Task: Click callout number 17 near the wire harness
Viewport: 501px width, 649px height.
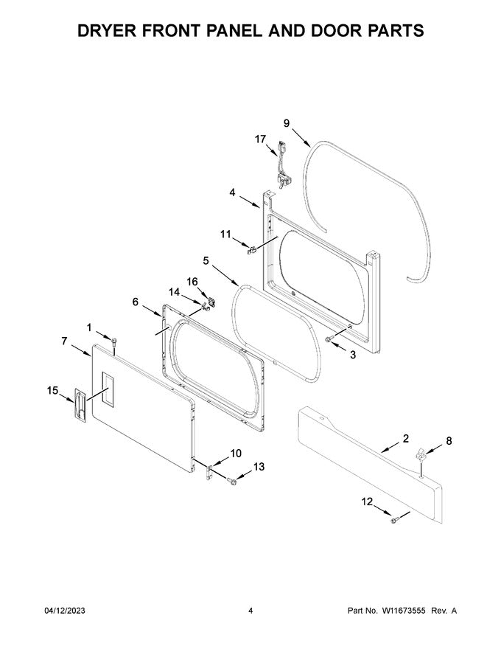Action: click(261, 138)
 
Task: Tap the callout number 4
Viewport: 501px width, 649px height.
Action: click(232, 192)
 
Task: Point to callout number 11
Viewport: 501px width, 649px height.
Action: click(226, 234)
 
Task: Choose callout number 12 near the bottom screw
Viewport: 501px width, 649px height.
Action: click(366, 502)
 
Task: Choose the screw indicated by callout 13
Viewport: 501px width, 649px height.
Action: click(233, 482)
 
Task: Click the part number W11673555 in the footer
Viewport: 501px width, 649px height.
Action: click(407, 611)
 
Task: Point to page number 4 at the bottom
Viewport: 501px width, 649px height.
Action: click(251, 611)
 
